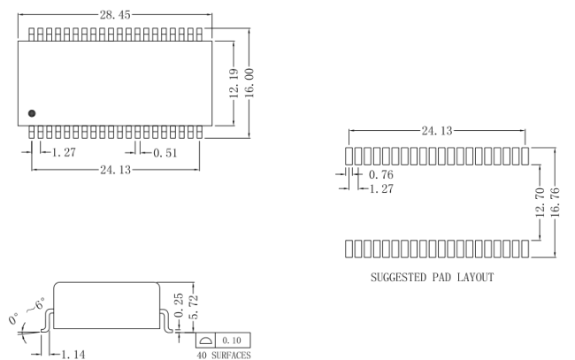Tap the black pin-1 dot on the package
click(32, 113)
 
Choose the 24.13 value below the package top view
click(116, 170)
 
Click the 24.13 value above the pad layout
click(438, 131)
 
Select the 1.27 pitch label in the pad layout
click(381, 188)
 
